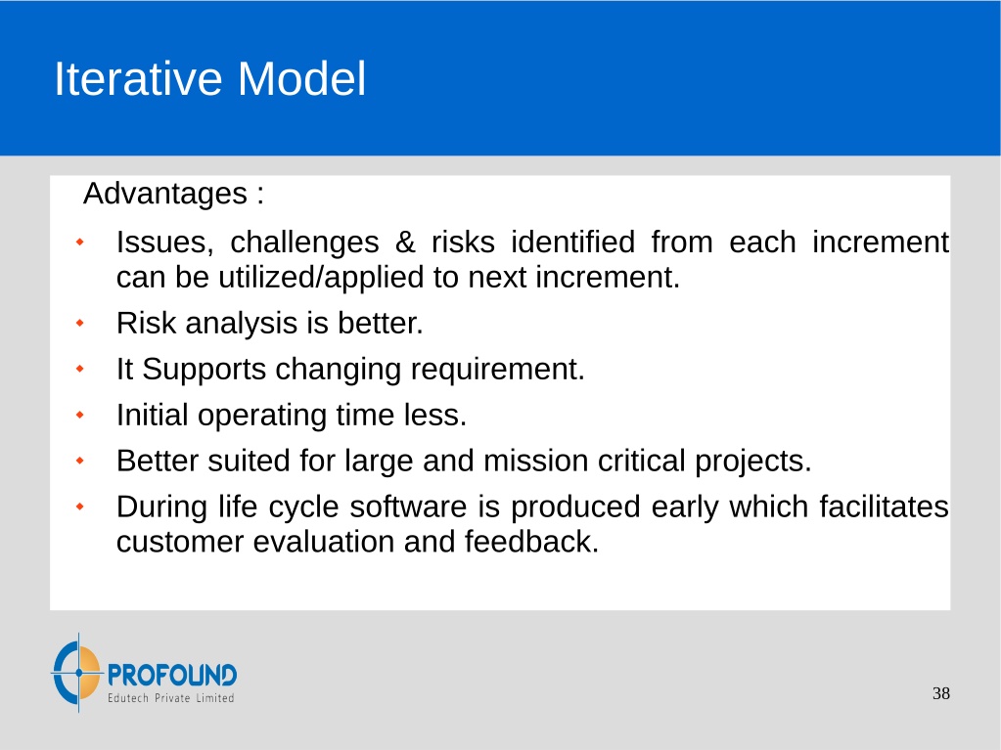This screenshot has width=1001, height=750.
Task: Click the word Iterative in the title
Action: [x=138, y=79]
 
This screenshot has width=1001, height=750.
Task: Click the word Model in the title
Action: [x=302, y=79]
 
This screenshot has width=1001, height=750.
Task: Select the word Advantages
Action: [x=165, y=194]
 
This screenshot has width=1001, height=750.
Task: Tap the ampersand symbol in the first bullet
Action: [x=405, y=243]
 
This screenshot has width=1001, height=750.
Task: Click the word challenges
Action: [x=304, y=243]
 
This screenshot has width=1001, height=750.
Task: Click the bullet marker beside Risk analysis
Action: [x=80, y=324]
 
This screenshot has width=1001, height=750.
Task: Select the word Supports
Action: [x=204, y=370]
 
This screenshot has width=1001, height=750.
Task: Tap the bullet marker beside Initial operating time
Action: [x=80, y=416]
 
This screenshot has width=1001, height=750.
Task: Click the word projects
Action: [x=753, y=462]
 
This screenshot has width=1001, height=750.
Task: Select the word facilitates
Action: [x=885, y=507]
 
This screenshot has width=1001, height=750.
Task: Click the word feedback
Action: [x=531, y=542]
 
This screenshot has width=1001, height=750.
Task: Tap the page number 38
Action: [x=941, y=693]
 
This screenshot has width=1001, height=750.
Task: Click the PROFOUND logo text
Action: [x=172, y=676]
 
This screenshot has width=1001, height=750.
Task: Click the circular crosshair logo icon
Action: [x=77, y=672]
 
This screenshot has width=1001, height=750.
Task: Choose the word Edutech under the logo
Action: [x=127, y=698]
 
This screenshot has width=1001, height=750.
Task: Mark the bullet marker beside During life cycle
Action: [x=80, y=507]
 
